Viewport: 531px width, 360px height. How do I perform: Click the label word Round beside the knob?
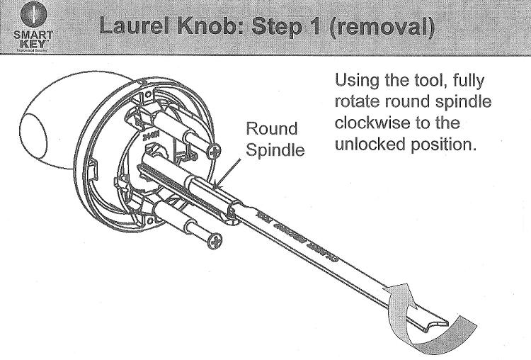[x=271, y=130]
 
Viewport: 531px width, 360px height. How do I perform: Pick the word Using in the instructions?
[x=360, y=79]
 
